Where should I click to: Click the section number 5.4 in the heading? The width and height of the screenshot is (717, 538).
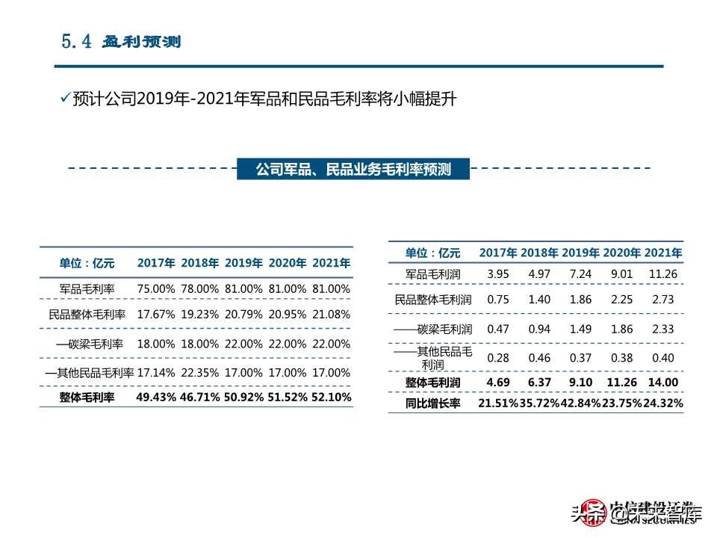pos(76,41)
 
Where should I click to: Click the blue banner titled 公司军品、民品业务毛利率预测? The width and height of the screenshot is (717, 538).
pos(353,170)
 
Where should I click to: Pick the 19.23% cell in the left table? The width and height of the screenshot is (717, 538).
pos(199,315)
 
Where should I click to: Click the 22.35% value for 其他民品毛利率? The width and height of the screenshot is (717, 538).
pos(199,372)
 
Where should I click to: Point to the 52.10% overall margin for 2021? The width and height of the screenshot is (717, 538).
pos(331,398)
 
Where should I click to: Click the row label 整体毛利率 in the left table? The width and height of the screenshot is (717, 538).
pos(87,398)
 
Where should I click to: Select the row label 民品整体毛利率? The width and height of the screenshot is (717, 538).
pos(87,315)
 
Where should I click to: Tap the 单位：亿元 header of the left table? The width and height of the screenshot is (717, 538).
pos(87,263)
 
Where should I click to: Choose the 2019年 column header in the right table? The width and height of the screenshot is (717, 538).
pos(581,253)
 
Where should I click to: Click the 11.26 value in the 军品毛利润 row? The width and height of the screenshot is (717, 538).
pos(663,274)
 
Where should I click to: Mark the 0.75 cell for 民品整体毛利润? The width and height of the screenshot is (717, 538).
pos(497,300)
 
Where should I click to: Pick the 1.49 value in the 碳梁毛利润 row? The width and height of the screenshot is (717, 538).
pos(580,329)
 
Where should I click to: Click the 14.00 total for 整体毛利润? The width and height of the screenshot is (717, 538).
pos(663,383)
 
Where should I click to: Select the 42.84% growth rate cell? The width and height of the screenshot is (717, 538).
pos(580,403)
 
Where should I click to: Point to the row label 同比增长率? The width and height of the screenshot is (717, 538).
pos(433,403)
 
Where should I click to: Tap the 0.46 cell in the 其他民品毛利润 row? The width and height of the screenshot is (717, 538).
pos(538,357)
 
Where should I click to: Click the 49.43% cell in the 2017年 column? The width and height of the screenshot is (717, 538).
pos(156,398)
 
